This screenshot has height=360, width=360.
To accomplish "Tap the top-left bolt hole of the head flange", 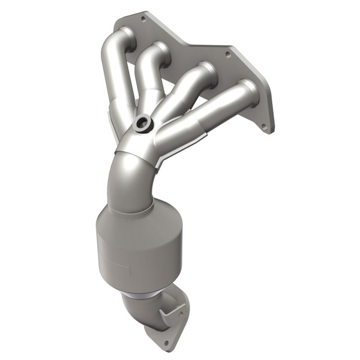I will pyautogui.click(x=143, y=19).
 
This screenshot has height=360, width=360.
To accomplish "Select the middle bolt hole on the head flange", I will pyautogui.click(x=227, y=54).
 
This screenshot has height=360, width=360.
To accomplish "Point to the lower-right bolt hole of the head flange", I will pyautogui.click(x=263, y=126).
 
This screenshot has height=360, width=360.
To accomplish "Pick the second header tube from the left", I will pyautogui.click(x=148, y=81).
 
